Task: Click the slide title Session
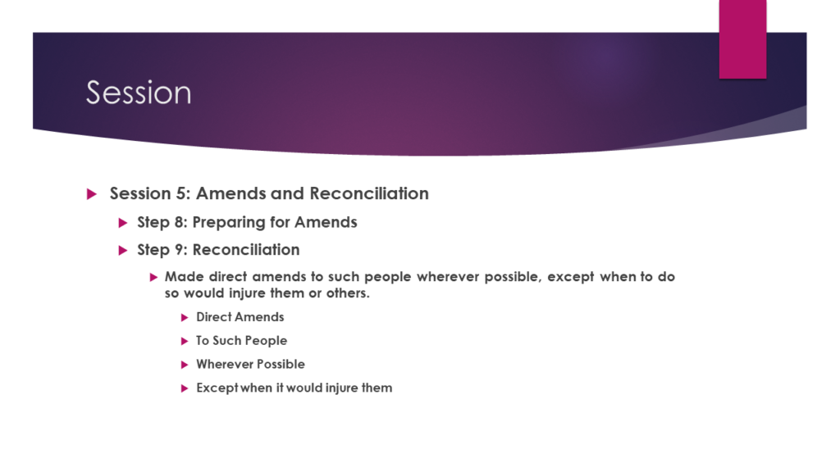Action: (x=139, y=93)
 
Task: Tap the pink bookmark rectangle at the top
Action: (x=742, y=39)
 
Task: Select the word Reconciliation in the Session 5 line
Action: (x=369, y=193)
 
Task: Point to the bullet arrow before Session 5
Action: (x=92, y=193)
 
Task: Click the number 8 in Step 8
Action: (x=180, y=222)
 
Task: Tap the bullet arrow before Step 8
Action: (x=123, y=223)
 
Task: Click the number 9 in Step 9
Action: (x=180, y=250)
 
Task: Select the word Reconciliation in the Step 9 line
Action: (x=246, y=250)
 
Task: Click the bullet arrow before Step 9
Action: (x=123, y=251)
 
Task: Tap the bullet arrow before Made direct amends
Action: (x=153, y=277)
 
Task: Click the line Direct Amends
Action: (x=240, y=317)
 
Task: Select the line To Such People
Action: (x=242, y=341)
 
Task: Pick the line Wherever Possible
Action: (x=251, y=364)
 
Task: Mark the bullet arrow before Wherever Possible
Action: (x=185, y=365)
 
